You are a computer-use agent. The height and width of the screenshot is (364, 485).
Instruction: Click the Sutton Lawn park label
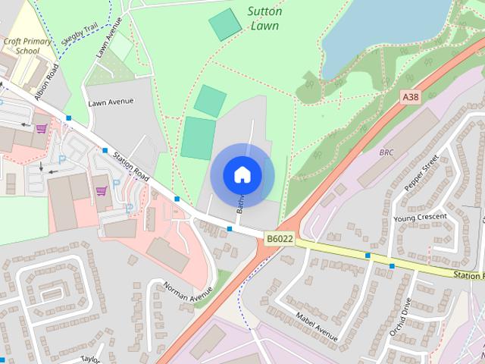point(264,18)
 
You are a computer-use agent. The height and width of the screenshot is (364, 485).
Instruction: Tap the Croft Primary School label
point(27,46)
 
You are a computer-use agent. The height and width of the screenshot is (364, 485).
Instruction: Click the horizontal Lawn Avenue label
point(111,102)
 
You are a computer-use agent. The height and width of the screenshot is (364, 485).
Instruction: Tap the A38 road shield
point(410,97)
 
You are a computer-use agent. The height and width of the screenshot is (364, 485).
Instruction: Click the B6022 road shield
point(279,239)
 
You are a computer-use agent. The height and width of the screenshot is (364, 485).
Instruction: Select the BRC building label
point(386,152)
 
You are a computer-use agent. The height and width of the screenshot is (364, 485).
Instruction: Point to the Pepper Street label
point(422,174)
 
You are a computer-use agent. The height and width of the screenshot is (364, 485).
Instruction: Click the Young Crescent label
point(421,218)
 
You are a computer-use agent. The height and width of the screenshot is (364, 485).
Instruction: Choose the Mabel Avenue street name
point(317,325)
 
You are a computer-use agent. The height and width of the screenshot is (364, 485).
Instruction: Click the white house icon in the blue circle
point(242,174)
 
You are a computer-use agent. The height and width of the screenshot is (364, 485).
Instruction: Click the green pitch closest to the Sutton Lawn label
point(225,24)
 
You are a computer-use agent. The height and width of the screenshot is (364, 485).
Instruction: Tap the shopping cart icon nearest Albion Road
point(42,128)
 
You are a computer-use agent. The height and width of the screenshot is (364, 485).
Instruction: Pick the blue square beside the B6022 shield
point(230,228)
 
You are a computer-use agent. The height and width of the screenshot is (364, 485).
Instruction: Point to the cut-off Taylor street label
point(91,359)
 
